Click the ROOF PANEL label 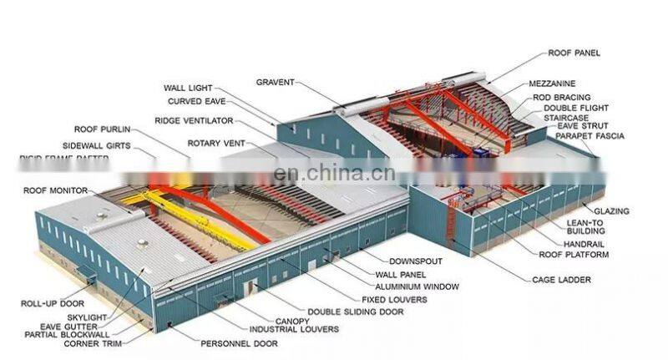(574, 53)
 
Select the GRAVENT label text (276, 82)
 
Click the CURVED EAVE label (196, 101)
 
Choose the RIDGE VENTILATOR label (193, 120)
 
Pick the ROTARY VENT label (215, 144)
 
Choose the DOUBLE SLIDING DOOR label (355, 312)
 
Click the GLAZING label (611, 211)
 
